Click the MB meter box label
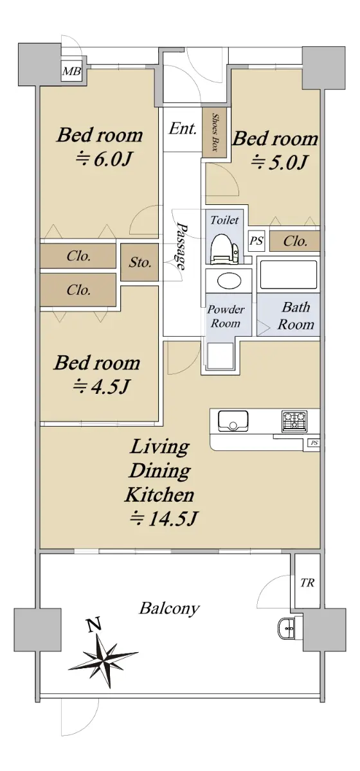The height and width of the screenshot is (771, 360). pos(71,71)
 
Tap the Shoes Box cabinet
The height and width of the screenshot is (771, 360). pos(214,132)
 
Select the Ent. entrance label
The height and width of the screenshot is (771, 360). pos(183,128)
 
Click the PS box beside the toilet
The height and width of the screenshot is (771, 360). pos(256,240)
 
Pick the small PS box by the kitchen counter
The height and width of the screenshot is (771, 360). pos(314,443)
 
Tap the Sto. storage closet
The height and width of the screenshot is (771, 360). pos(139,262)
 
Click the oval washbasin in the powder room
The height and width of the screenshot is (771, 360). pos(228,281)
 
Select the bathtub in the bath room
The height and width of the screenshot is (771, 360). pos(289,275)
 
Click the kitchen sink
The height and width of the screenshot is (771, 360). pos(233,420)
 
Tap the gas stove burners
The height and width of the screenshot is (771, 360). pos(294,421)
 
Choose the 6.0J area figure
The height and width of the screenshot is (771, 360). pos(104,159)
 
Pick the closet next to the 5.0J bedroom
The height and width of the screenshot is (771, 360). pos(294,241)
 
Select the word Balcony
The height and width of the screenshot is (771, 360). pos(169,608)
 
